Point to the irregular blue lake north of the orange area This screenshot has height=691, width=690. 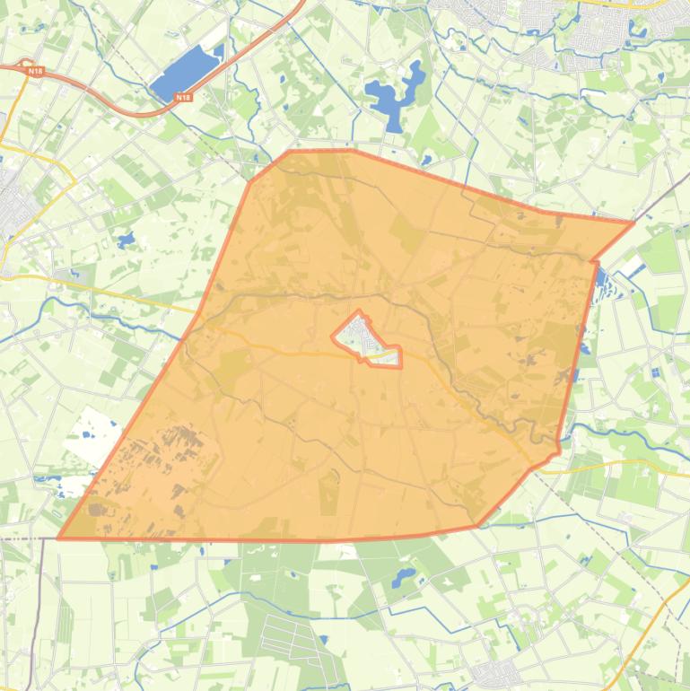pyautogui.click(x=395, y=94)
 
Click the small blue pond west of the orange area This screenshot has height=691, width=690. pyautogui.click(x=125, y=241)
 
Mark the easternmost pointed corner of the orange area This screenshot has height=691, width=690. pyautogui.click(x=633, y=222)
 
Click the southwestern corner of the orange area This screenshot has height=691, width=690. pyautogui.click(x=60, y=538)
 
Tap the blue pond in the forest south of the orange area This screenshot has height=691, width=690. pyautogui.click(x=403, y=573)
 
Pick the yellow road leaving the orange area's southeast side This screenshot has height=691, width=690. pyautogui.click(x=610, y=464)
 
